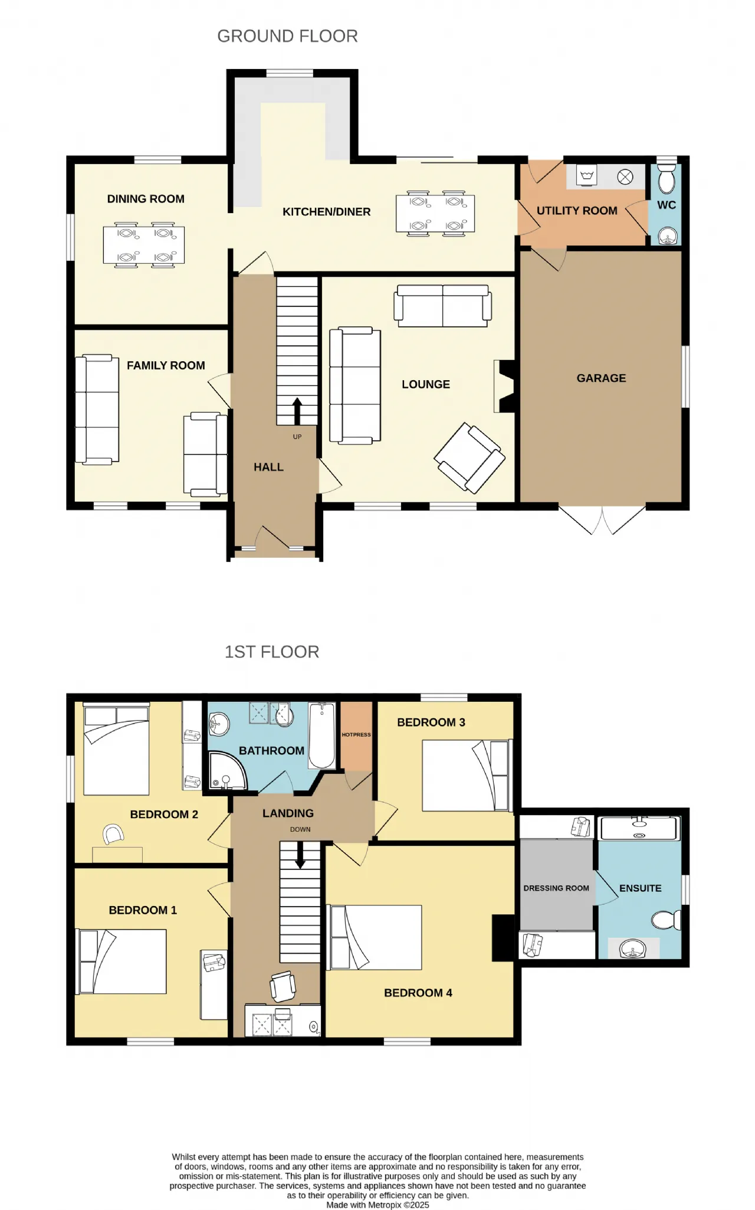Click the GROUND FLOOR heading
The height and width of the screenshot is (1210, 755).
[x=287, y=36]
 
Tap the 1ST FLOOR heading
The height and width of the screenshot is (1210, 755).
[x=272, y=652]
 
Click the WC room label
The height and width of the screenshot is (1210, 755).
[x=667, y=205]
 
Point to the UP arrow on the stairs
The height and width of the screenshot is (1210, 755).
[x=297, y=411]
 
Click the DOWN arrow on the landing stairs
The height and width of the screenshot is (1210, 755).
[x=300, y=855]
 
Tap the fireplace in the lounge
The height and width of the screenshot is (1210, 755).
[x=504, y=386]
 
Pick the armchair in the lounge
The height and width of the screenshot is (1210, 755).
[x=470, y=457]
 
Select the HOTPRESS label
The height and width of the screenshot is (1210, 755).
[x=356, y=735]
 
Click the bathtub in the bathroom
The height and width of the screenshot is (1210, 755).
[x=322, y=735]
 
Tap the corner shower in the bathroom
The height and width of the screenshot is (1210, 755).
[x=227, y=770]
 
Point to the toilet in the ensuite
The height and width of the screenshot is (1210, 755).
[x=667, y=920]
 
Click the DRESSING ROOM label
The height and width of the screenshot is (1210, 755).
[x=556, y=888]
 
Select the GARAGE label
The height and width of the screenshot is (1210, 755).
[x=602, y=378]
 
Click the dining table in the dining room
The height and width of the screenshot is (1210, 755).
[x=144, y=245]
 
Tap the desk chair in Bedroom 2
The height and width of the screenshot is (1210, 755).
[x=113, y=834]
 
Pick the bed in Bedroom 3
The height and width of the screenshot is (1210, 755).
[x=466, y=776]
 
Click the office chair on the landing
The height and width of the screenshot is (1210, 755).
[x=283, y=986]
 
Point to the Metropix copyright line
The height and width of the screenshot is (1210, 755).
[x=378, y=1205]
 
